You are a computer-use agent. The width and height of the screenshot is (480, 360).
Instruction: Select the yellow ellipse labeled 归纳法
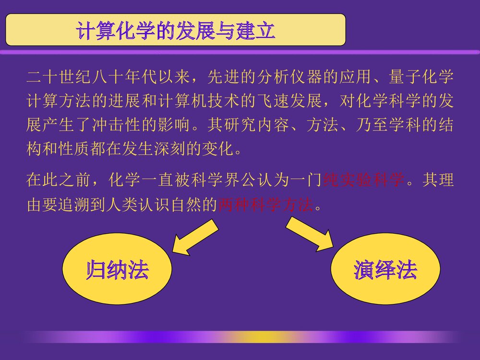tap(117, 271)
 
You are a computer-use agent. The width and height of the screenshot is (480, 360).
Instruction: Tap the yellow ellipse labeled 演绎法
tap(385, 271)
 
